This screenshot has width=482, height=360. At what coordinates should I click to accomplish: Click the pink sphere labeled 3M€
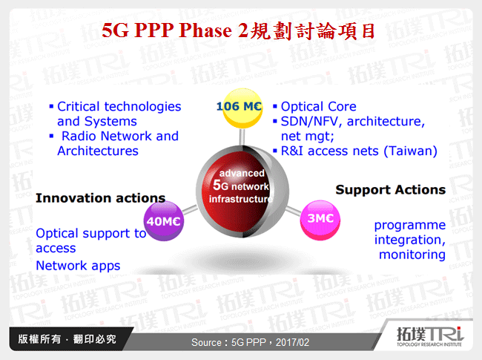tap(320, 220)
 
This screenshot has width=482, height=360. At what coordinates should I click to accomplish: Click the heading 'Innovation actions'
tap(100, 198)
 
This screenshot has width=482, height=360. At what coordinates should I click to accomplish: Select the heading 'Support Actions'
tap(390, 189)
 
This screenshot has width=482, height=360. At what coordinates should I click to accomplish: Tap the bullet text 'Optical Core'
tap(318, 106)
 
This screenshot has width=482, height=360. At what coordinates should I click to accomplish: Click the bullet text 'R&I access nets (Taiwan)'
tap(358, 151)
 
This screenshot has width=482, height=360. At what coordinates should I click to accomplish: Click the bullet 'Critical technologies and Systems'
tap(119, 114)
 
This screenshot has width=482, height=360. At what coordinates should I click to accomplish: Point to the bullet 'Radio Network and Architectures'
tap(119, 143)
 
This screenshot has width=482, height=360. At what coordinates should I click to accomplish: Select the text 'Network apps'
tap(78, 265)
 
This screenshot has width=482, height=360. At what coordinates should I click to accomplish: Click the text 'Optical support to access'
tap(90, 240)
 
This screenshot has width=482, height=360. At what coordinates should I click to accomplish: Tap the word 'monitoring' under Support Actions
tap(412, 255)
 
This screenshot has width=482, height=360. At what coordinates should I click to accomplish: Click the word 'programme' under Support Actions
tap(409, 225)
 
